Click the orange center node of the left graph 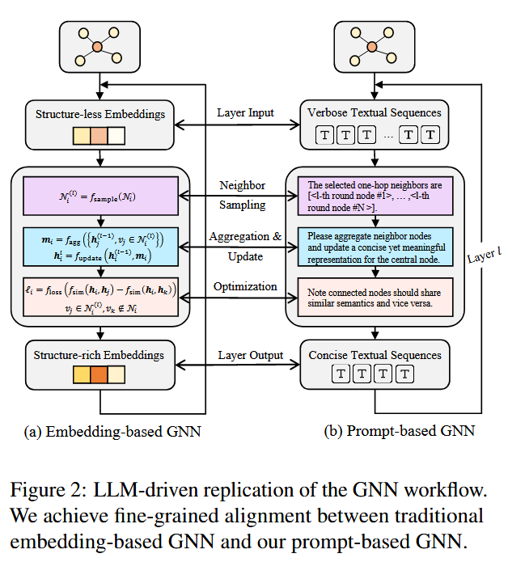point(97,48)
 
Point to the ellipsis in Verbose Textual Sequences point(388,135)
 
